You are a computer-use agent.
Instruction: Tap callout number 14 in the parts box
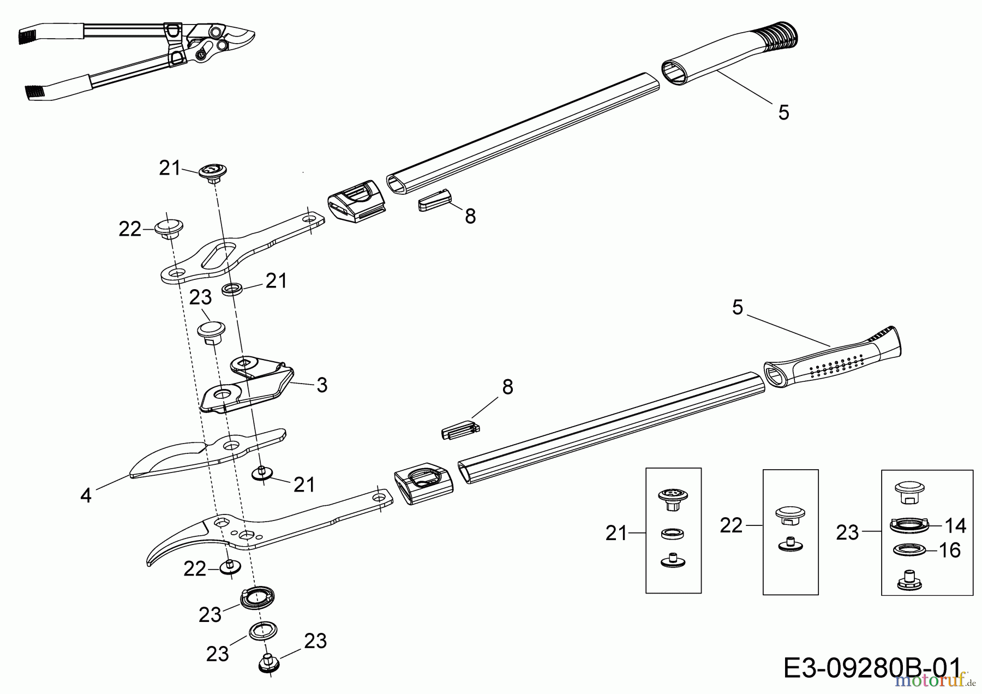[955, 526]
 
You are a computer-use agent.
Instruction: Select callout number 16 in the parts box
[950, 551]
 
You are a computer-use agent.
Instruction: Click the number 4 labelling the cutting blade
[86, 495]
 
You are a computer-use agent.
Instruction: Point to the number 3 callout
[322, 385]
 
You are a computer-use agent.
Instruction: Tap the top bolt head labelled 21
[213, 172]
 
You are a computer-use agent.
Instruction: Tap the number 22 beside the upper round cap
[130, 230]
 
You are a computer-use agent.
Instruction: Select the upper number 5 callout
[783, 113]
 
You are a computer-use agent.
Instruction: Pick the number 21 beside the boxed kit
[616, 533]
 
